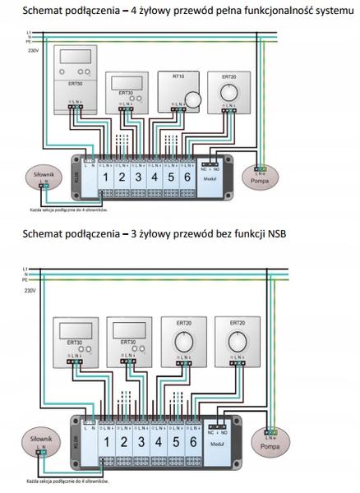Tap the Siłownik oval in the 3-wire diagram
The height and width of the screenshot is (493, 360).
[39, 442]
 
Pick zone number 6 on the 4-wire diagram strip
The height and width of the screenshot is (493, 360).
[189, 177]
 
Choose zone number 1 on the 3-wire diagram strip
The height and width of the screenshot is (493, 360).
[104, 440]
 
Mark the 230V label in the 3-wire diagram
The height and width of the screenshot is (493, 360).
[30, 290]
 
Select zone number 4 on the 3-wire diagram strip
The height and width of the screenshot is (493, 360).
[155, 440]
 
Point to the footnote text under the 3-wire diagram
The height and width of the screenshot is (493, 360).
[70, 477]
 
